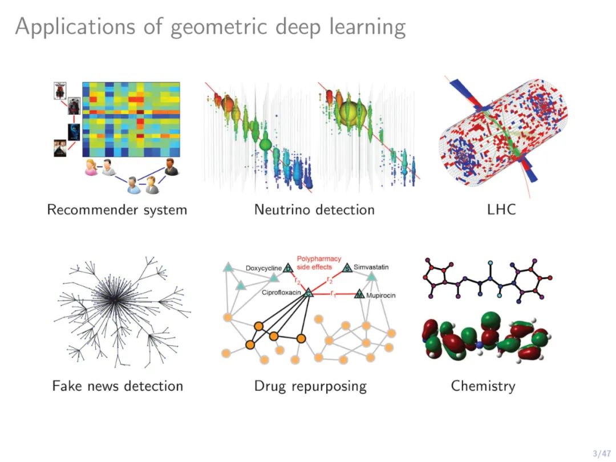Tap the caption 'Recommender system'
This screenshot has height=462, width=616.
(x=117, y=210)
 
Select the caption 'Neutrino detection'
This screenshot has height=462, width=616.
(x=314, y=210)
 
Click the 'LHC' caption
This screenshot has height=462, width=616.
(x=501, y=210)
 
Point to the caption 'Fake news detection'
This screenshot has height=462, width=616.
(x=117, y=386)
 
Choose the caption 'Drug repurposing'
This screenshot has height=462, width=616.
(x=310, y=386)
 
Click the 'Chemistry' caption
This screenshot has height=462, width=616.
(x=483, y=386)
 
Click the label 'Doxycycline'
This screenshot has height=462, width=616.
(x=264, y=268)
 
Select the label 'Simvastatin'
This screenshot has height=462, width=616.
(x=371, y=267)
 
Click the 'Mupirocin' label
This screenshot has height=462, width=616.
(x=381, y=295)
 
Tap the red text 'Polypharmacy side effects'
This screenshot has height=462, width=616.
(x=318, y=263)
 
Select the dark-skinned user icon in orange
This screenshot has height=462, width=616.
(x=169, y=166)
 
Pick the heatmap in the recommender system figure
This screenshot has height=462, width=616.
(x=131, y=119)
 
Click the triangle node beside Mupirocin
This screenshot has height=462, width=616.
(x=359, y=294)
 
